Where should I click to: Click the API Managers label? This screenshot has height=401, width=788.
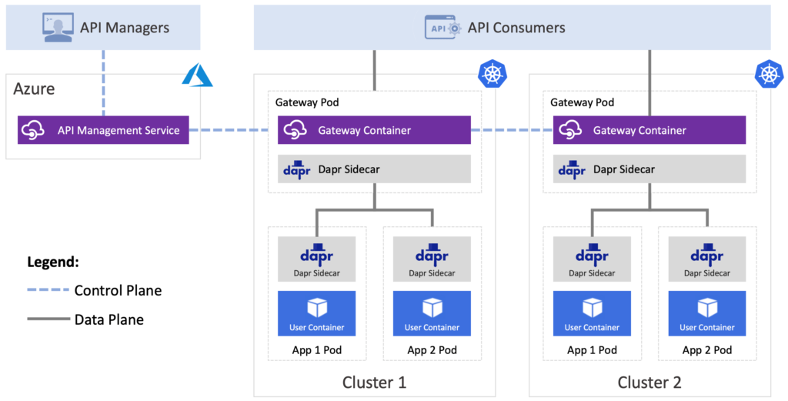pos(124,28)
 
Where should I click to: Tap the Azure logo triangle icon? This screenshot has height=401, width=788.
pos(196,74)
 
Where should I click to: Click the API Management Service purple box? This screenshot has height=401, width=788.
pos(103,130)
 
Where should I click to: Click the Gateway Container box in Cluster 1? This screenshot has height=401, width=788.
pos(374,130)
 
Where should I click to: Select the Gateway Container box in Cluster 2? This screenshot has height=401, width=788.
pos(649,130)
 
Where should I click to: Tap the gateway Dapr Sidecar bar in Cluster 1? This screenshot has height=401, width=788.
pos(374,169)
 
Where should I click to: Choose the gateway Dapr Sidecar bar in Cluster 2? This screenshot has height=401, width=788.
pos(649,169)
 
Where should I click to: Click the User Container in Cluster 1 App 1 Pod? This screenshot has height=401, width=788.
pos(317,313)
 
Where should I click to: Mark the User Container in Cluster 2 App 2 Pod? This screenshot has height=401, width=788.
pos(707,313)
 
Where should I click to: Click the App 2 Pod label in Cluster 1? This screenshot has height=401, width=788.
pos(432,350)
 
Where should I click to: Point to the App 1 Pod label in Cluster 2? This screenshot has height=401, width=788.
pos(592,350)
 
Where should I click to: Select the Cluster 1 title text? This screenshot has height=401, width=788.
pos(374,383)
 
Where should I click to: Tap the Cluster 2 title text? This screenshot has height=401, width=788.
pos(649,383)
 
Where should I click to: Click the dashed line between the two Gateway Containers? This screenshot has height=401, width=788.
pos(512,130)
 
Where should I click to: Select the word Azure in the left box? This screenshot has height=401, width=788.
pos(34,89)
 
